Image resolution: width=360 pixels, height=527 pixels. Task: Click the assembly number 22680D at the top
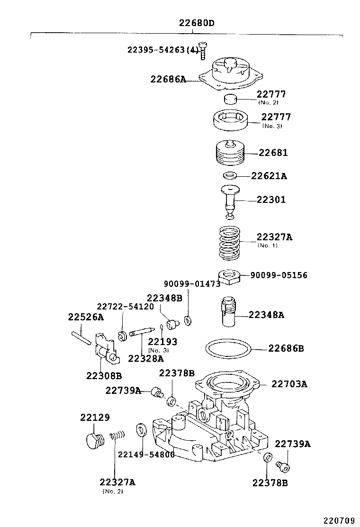pos(193,23)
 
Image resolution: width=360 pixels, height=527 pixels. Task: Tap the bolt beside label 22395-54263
pos(203,50)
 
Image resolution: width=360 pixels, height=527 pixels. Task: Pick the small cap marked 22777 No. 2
pos(231,100)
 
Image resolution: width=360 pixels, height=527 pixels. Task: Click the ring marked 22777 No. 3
pos(232,120)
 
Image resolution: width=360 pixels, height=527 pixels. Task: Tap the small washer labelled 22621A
pos(230,176)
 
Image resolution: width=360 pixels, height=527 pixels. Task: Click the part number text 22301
pos(271,200)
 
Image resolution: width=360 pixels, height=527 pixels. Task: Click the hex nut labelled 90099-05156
pos(229,275)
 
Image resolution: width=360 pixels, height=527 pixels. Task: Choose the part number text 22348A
pos(266,315)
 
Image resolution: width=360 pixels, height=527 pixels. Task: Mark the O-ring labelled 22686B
pos(228,349)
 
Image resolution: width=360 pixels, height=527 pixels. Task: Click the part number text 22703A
pos(289,384)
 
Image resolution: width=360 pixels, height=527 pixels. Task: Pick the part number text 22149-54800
pos(146,454)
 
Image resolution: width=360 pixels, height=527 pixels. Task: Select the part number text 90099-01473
pos(192,284)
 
